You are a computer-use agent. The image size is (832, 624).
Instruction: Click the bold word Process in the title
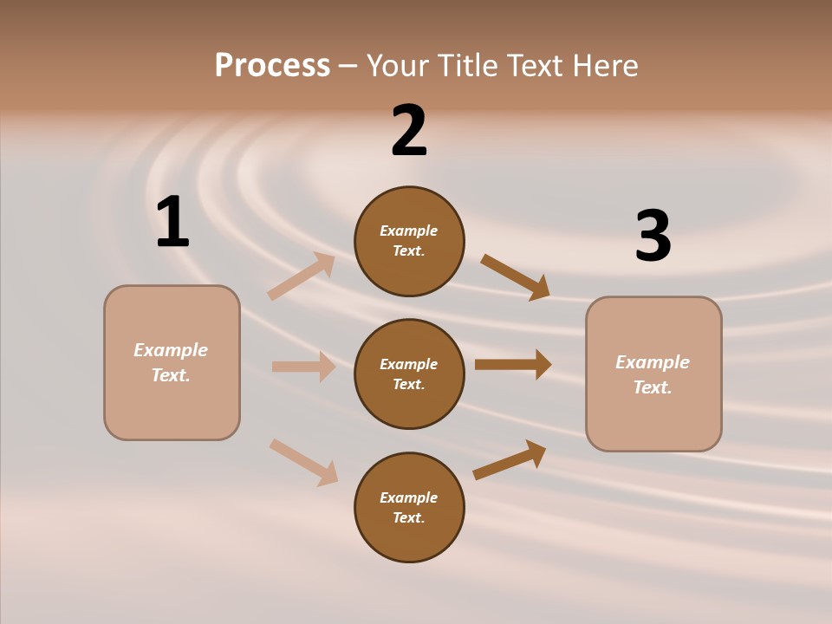(x=272, y=65)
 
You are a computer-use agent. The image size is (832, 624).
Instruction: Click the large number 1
(x=172, y=222)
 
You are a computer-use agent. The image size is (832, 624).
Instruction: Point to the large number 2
(x=409, y=131)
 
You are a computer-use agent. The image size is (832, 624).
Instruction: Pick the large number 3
(x=653, y=236)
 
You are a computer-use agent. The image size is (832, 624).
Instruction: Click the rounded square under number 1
(x=172, y=362)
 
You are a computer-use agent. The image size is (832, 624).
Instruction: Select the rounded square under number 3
(x=653, y=374)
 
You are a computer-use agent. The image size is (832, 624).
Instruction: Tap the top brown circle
(x=409, y=241)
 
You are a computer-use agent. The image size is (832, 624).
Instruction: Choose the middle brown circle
(x=409, y=374)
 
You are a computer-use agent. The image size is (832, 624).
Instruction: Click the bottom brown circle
(x=409, y=507)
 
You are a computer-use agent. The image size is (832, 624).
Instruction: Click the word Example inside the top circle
(x=409, y=231)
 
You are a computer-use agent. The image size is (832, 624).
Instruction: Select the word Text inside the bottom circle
(x=407, y=517)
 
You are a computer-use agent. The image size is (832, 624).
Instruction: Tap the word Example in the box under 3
(x=653, y=362)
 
